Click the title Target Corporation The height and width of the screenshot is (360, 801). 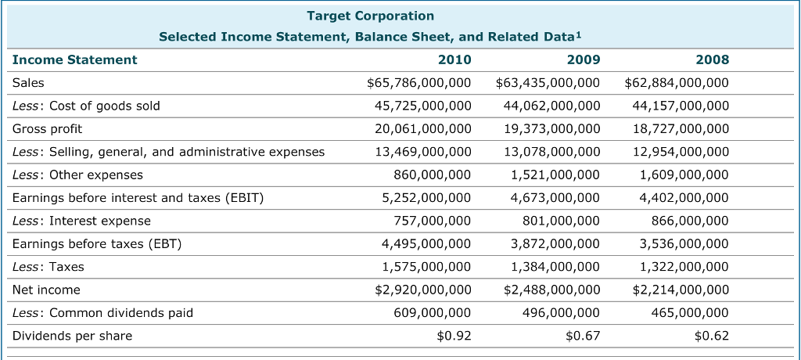(x=370, y=16)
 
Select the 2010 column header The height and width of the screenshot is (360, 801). (x=454, y=59)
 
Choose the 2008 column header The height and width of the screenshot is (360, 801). (x=712, y=59)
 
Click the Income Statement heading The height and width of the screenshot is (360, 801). (x=75, y=59)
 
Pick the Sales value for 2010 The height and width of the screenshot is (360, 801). (x=419, y=82)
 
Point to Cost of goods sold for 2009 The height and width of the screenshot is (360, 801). (x=552, y=106)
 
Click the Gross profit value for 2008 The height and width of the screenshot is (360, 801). (x=681, y=128)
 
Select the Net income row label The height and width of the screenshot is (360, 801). (x=46, y=290)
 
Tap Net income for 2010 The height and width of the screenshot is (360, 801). (x=419, y=290)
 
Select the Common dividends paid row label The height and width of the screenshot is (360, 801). (x=102, y=313)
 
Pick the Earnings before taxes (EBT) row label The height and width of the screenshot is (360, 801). (x=97, y=243)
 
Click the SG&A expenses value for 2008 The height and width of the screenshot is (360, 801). (x=681, y=152)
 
